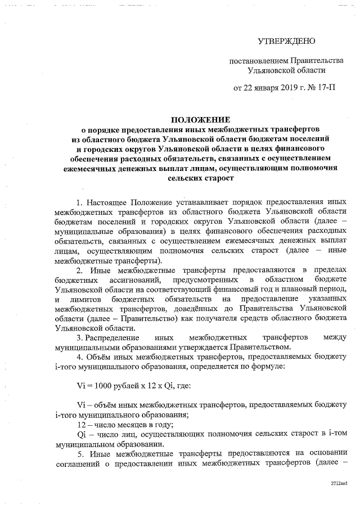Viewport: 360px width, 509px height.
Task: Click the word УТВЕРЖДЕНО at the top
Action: [287, 42]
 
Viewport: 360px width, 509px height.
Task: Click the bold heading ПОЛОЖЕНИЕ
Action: [200, 120]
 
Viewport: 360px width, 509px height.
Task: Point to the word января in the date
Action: [256, 89]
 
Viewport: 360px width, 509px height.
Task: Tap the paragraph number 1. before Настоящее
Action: [79, 201]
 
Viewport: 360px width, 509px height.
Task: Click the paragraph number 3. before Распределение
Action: [79, 337]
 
